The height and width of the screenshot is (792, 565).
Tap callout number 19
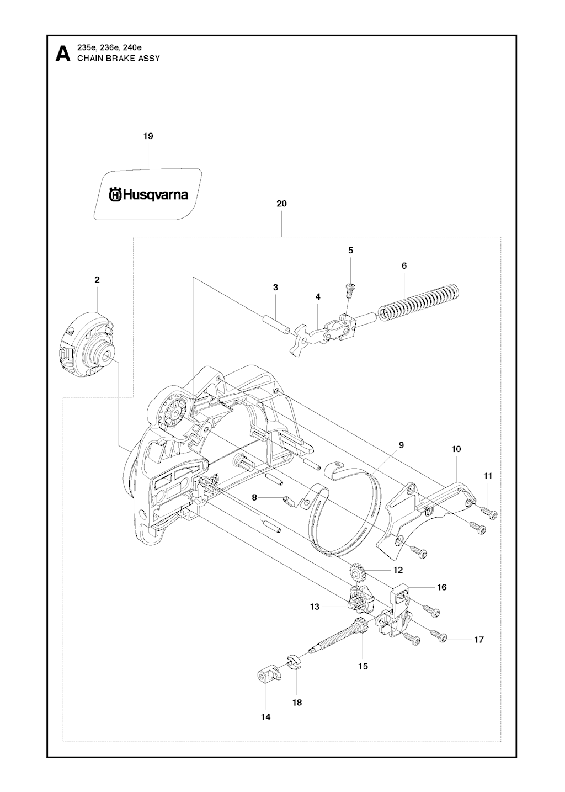148,136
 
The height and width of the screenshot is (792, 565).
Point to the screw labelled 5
349,287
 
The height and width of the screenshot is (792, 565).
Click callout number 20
281,204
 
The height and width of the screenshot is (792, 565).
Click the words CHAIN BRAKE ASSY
119,58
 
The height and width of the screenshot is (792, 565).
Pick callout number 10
456,449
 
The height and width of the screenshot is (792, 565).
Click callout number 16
442,587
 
